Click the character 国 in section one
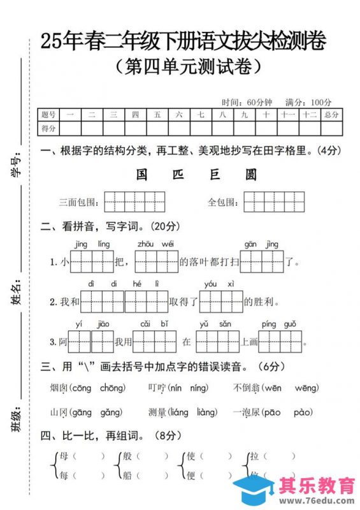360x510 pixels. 142,175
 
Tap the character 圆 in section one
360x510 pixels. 251,175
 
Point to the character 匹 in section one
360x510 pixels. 178,175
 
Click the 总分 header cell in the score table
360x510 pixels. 331,115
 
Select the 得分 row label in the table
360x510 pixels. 48,129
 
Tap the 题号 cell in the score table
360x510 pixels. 48,115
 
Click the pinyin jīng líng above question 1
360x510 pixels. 92,244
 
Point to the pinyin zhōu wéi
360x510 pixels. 155,244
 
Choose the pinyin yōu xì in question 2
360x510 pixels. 219,284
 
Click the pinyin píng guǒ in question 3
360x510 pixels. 278,324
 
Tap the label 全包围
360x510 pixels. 223,202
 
